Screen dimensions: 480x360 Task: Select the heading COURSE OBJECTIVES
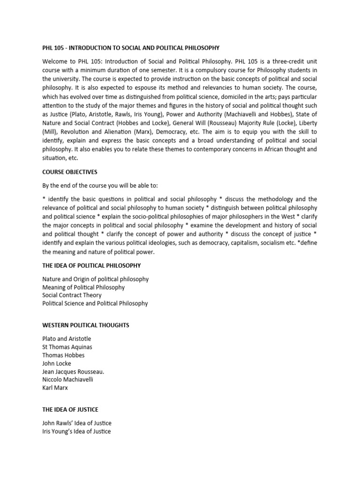pos(70,172)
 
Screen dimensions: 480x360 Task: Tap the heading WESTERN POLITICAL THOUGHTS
pos(86,325)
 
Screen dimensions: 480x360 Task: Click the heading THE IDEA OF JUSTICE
pos(71,409)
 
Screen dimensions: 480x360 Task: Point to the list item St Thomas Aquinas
pos(67,347)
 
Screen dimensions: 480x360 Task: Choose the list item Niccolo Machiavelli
pos(68,379)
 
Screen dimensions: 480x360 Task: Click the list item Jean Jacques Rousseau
pos(74,371)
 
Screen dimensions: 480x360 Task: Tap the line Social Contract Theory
pos(72,295)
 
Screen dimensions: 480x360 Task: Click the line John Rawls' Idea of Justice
pos(77,423)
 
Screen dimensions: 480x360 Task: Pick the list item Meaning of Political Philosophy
pos(83,287)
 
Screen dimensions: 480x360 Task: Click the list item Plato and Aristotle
pos(67,338)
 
